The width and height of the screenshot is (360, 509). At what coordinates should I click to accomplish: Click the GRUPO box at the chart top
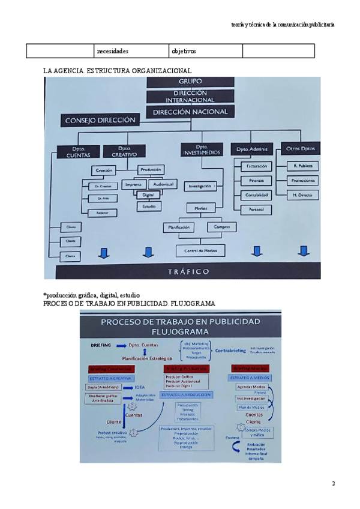[x=190, y=81]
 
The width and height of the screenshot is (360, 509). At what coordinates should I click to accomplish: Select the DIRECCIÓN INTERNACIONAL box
[x=190, y=97]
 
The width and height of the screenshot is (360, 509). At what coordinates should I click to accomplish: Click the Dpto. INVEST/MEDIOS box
[x=201, y=150]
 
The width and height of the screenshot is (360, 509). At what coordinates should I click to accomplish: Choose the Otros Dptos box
[x=300, y=148]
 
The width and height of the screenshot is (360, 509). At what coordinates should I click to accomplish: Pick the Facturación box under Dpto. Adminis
[x=256, y=166]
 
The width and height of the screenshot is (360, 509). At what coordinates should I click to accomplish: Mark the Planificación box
[x=179, y=227]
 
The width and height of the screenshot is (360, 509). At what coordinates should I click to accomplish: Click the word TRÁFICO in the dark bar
[x=188, y=272]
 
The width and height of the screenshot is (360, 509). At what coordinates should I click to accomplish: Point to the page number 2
[x=334, y=483]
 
